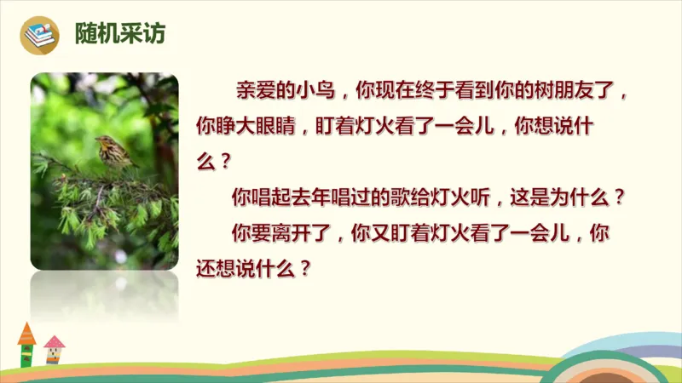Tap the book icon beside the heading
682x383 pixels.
click(40, 35)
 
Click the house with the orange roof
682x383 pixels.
click(26, 345)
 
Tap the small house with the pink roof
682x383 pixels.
click(54, 349)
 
